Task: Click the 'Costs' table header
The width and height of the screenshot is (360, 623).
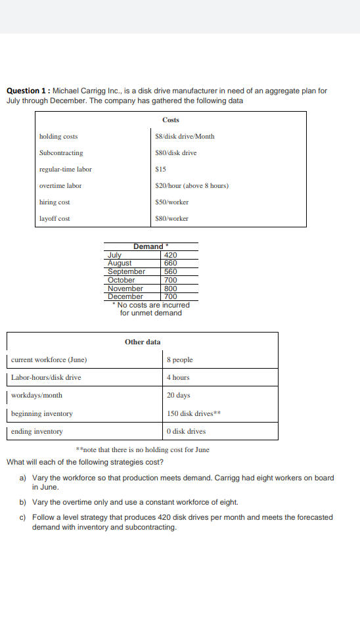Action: (x=170, y=120)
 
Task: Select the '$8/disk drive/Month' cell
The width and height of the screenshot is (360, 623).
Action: (x=184, y=136)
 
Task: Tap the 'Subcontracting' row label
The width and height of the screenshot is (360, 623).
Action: (x=61, y=152)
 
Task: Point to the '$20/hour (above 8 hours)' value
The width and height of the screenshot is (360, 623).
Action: (x=191, y=185)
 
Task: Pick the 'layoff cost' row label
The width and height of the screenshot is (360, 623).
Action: (x=55, y=218)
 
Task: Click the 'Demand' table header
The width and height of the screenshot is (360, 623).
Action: (x=149, y=246)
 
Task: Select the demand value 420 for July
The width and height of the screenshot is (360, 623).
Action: (x=170, y=255)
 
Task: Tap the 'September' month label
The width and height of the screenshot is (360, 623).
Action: (x=126, y=271)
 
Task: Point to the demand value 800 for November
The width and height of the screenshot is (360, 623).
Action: (x=170, y=288)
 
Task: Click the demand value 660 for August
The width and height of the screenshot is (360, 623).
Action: (x=170, y=263)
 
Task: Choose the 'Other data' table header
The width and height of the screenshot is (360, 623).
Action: (x=143, y=342)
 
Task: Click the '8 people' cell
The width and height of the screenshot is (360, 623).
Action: (x=179, y=359)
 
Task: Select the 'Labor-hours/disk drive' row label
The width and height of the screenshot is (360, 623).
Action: (x=46, y=377)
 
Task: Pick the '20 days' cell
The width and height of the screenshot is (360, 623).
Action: (x=178, y=396)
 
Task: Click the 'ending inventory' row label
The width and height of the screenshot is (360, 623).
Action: (x=37, y=431)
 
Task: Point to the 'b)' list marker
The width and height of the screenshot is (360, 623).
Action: (x=23, y=502)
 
